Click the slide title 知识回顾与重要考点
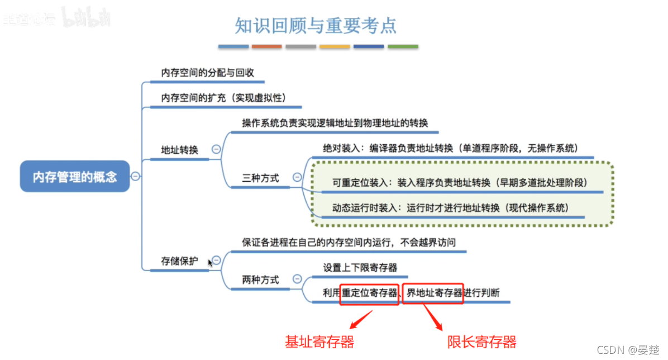[316, 25]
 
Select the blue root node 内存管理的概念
[75, 177]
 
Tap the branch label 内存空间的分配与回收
[207, 73]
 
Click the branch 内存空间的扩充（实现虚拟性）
[223, 97]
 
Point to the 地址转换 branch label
[180, 150]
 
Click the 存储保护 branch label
[180, 260]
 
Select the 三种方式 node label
[260, 178]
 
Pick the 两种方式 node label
[260, 280]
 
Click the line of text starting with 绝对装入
[450, 148]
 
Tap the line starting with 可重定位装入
[460, 182]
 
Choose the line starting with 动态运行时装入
[450, 207]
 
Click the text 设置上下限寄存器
[360, 268]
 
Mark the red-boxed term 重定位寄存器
[370, 293]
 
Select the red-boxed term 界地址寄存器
[434, 293]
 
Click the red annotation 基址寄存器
[319, 342]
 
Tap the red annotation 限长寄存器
[481, 342]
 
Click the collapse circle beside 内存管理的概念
[135, 177]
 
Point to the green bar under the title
[403, 46]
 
